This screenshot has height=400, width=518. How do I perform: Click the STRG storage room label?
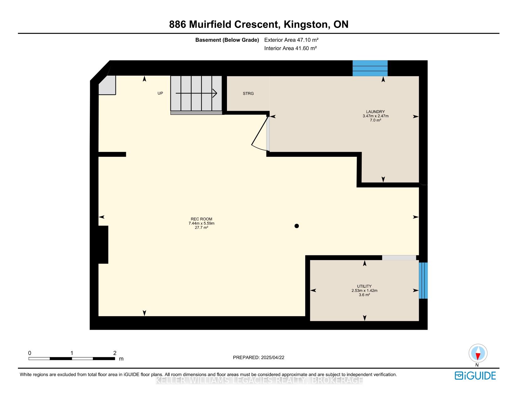pos(248,93)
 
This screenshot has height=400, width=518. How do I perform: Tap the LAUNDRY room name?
pos(375,111)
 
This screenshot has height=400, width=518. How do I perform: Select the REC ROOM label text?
pos(202,219)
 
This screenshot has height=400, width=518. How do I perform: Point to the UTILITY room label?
pos(364,286)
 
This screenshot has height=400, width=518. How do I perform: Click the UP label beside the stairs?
pos(160,93)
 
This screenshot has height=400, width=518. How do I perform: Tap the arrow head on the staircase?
pos(215,93)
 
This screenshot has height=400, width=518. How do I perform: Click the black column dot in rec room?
pos(297,226)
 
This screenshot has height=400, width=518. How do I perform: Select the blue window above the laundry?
pos(370,68)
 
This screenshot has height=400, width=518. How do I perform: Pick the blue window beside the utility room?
pos(423,280)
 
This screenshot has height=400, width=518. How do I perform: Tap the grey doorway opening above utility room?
pos(399,258)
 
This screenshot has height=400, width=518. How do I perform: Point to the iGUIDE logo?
pos(475,376)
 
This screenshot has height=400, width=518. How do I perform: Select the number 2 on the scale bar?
pos(115,353)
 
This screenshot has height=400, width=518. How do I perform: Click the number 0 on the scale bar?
pos(30,353)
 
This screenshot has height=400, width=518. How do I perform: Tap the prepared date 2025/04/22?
pos(272,357)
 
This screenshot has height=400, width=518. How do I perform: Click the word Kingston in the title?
pos(305,24)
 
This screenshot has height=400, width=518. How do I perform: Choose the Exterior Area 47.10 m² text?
pos(291,40)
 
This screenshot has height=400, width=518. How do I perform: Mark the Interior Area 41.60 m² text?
pos(290,48)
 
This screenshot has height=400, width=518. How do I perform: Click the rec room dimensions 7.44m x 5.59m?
pos(202,223)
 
